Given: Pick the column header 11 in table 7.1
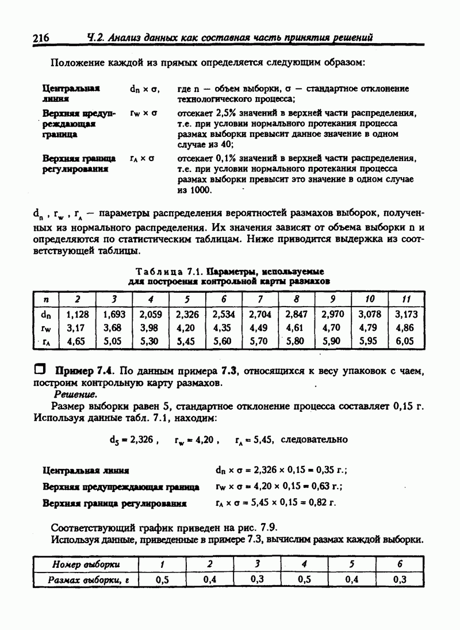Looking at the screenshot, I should pos(406,299).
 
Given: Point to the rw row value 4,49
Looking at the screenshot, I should pos(259,328).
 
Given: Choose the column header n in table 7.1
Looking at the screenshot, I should pos(46,299).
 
